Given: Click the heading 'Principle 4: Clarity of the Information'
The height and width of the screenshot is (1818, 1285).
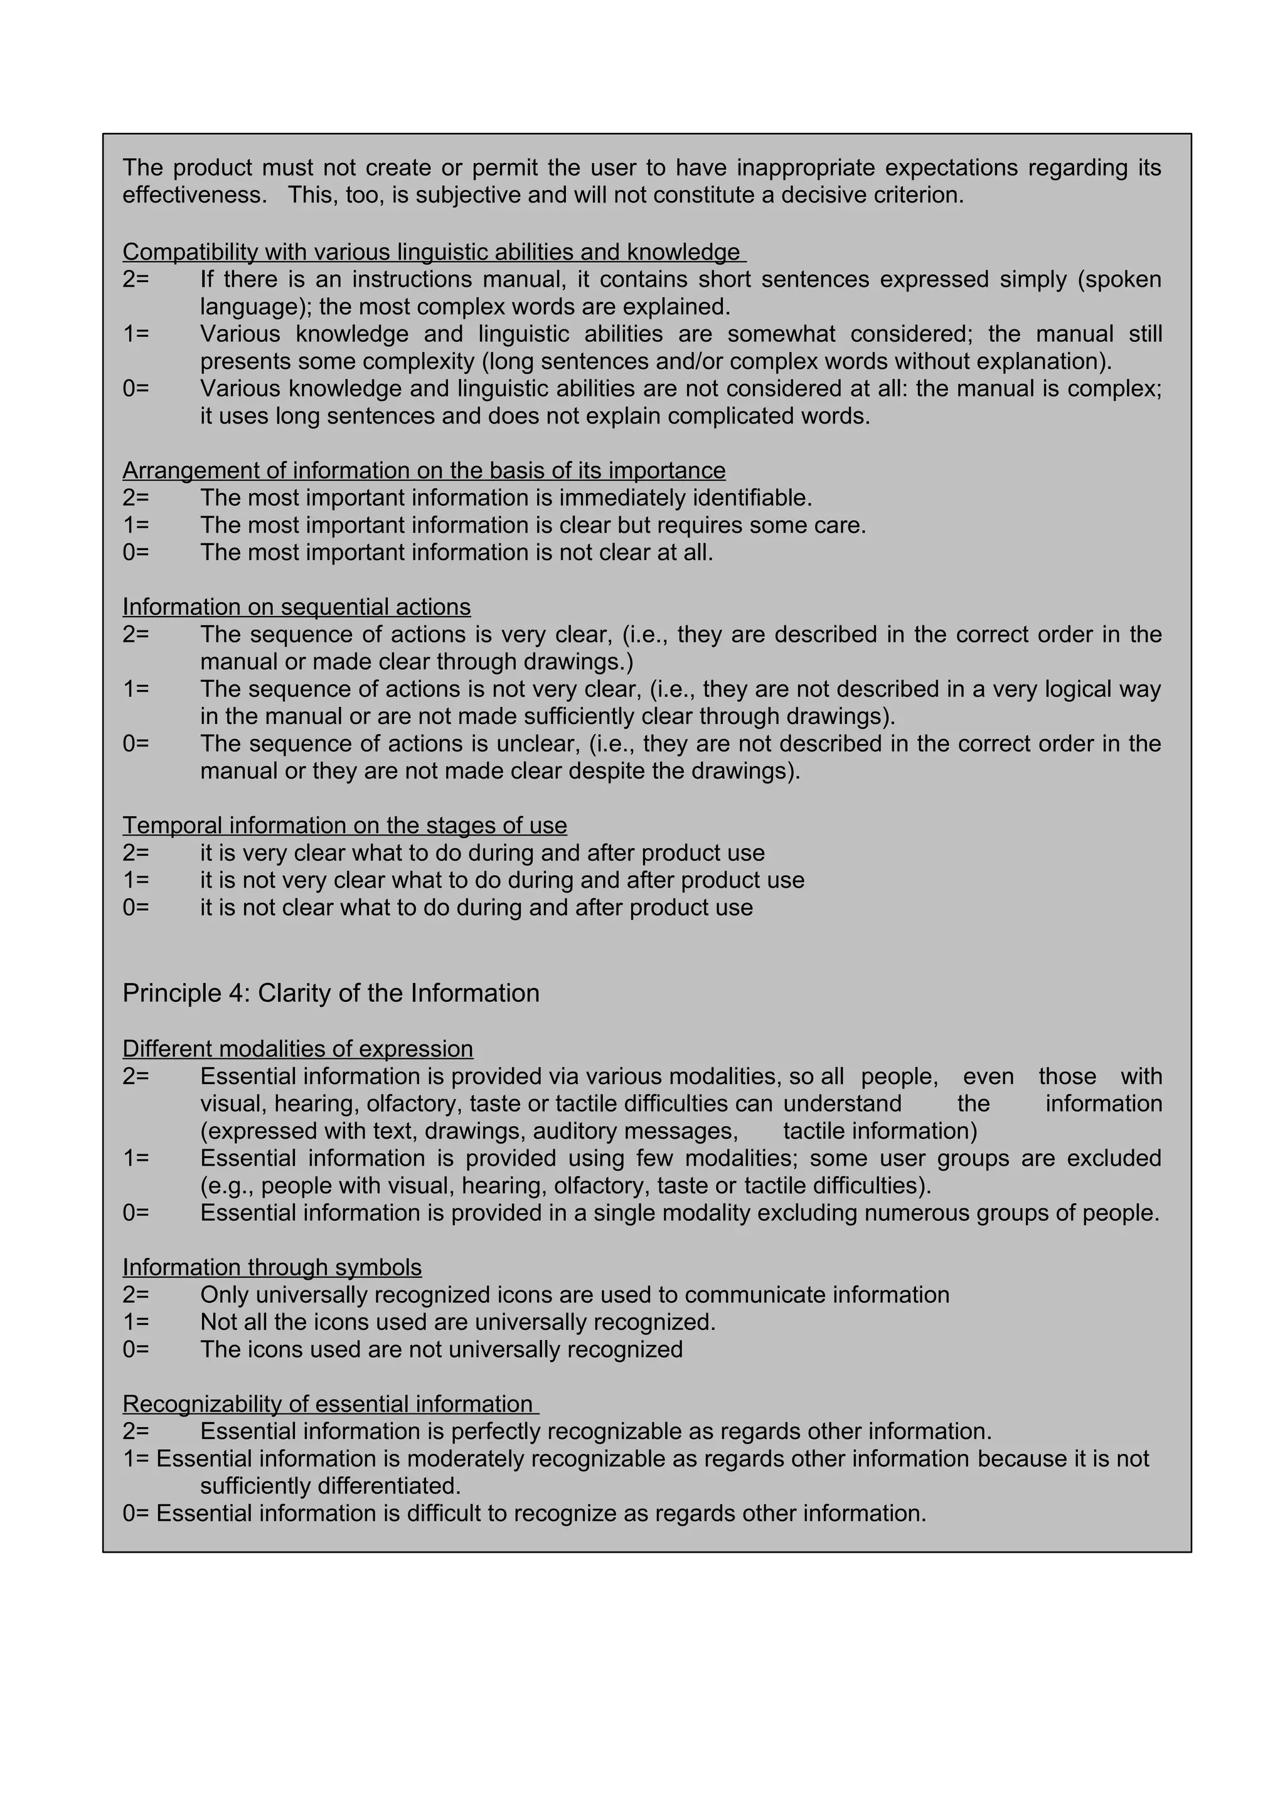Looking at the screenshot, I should click(x=331, y=994).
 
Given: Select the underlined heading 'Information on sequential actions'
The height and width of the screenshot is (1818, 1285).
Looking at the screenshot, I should click(x=296, y=607).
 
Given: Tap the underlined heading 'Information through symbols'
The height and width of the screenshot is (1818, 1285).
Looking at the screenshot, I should click(x=272, y=1268).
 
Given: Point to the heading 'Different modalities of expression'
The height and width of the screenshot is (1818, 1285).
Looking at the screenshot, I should click(x=297, y=1049).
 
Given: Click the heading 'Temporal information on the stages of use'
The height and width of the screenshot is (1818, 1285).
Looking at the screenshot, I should click(x=344, y=826).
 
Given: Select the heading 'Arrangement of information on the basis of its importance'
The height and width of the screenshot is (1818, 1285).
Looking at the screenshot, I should click(x=424, y=471).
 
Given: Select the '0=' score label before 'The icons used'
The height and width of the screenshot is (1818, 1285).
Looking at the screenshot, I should click(x=136, y=1350).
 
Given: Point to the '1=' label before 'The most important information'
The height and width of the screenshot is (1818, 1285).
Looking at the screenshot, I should click(x=136, y=526).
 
